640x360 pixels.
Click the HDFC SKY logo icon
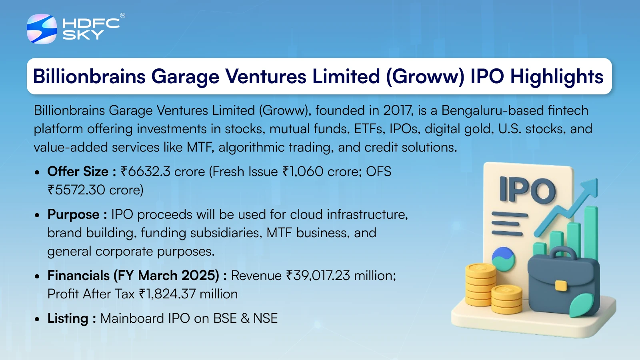point(42,29)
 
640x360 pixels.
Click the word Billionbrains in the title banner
point(89,76)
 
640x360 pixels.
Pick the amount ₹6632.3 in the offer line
point(146,172)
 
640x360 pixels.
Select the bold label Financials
point(78,276)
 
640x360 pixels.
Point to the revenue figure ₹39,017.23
point(318,276)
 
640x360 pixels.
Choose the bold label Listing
point(68,318)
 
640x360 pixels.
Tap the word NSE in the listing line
point(265,318)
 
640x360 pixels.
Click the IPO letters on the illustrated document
point(528,190)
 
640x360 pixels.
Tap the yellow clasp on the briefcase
point(561,286)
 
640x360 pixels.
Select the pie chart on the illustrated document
point(503,259)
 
